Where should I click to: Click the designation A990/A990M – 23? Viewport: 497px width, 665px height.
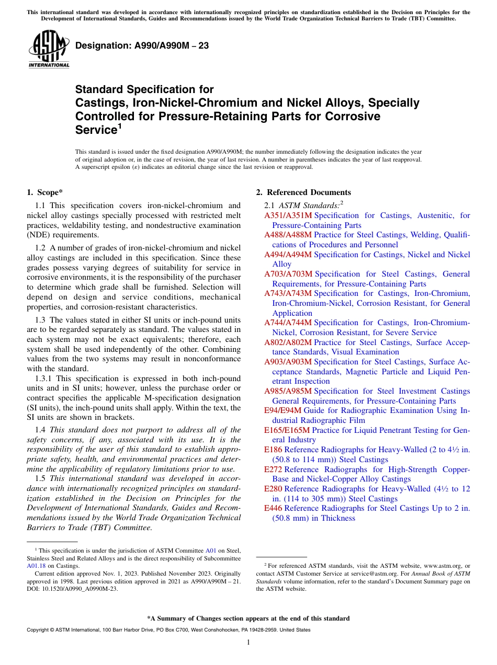[142, 46]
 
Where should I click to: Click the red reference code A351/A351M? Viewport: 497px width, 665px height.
[288, 215]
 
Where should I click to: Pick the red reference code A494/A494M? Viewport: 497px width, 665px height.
[288, 255]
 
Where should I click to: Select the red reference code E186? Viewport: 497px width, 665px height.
[273, 450]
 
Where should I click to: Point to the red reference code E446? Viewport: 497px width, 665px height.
[273, 508]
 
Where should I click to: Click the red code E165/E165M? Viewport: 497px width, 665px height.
[287, 430]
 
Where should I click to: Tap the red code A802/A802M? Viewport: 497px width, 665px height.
[288, 342]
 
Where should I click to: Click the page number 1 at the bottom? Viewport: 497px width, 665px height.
[249, 643]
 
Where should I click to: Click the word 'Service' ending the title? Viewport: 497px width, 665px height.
[95, 130]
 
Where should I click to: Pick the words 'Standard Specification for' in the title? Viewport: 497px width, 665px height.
[144, 90]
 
